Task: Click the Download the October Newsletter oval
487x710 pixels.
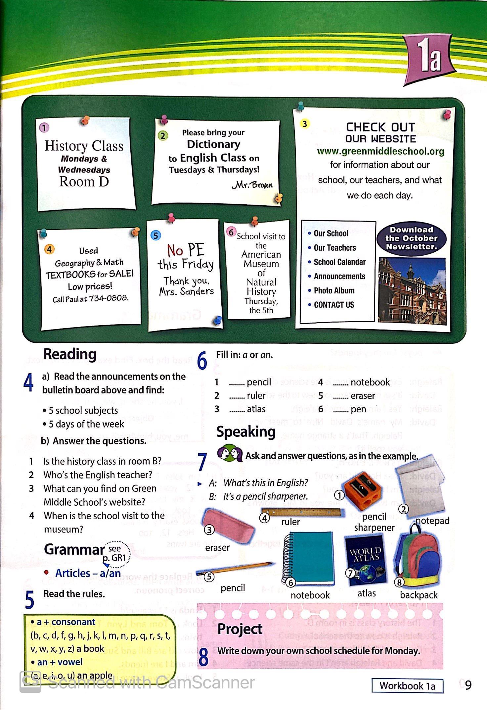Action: (411, 238)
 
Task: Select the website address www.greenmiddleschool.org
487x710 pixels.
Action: (380, 151)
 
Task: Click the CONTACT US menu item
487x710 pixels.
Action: (333, 305)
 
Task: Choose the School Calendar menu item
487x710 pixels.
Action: (339, 262)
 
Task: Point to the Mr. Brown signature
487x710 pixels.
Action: (253, 184)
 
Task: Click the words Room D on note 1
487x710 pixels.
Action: (84, 182)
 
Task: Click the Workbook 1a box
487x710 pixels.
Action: (407, 685)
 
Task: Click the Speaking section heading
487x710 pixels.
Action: (246, 432)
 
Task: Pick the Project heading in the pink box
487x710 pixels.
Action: (240, 629)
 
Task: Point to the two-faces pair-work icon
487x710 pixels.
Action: (230, 454)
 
